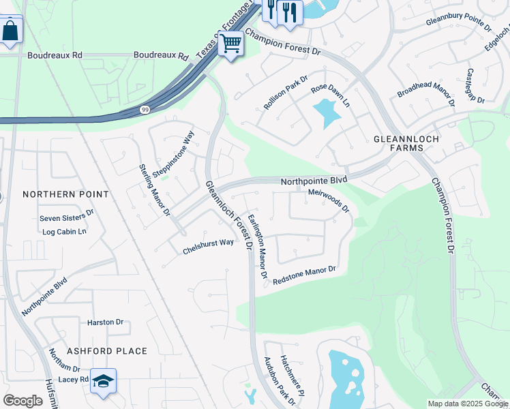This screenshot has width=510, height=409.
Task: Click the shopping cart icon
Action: pos(231,44)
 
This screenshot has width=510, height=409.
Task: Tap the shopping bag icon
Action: pos(10,31)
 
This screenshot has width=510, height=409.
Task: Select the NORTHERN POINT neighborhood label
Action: pos(65,194)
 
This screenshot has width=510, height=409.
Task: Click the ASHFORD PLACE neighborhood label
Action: pos(106,351)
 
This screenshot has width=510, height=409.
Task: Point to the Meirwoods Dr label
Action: pos(329,200)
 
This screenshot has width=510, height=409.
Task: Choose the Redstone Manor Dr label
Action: pos(305,275)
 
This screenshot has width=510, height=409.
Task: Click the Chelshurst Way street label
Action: pos(208,247)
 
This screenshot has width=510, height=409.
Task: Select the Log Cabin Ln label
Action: pos(65,231)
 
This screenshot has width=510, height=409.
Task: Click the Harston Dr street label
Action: pos(105,322)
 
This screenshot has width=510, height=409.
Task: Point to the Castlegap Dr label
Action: pos(475,86)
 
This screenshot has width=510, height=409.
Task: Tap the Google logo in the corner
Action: pos(22,401)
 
